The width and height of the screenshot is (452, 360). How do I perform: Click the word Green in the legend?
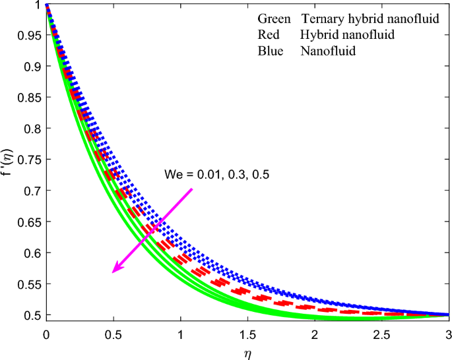pos(273,20)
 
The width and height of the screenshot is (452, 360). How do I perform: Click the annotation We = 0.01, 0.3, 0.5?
pos(217,175)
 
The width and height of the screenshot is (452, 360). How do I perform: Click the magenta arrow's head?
pos(115,269)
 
